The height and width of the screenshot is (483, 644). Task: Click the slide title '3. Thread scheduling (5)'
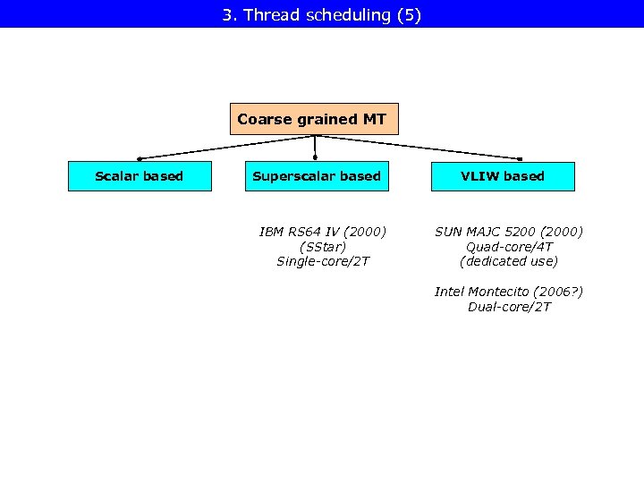pos(321,14)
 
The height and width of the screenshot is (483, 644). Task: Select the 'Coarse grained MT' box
pos(314,119)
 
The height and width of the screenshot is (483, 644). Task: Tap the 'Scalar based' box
pos(140,176)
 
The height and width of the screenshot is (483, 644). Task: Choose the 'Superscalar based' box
pos(317,176)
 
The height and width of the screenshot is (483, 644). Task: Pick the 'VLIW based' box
pos(503,176)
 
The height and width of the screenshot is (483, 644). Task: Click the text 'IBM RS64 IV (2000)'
pos(323,232)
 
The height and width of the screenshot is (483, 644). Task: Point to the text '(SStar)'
pos(323,247)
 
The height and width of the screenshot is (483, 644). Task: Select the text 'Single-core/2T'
pos(323,261)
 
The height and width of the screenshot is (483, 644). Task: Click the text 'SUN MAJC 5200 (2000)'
pos(509,232)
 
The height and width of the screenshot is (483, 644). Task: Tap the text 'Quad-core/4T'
pos(509,247)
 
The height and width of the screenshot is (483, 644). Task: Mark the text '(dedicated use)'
pos(509,261)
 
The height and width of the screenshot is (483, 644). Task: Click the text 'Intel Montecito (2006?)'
pos(509,292)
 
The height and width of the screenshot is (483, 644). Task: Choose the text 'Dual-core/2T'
pos(509,307)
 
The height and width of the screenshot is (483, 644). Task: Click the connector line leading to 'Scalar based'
pos(224,147)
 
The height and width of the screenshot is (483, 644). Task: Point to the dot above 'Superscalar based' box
pos(315,158)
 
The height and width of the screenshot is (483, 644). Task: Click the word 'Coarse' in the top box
pos(265,119)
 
